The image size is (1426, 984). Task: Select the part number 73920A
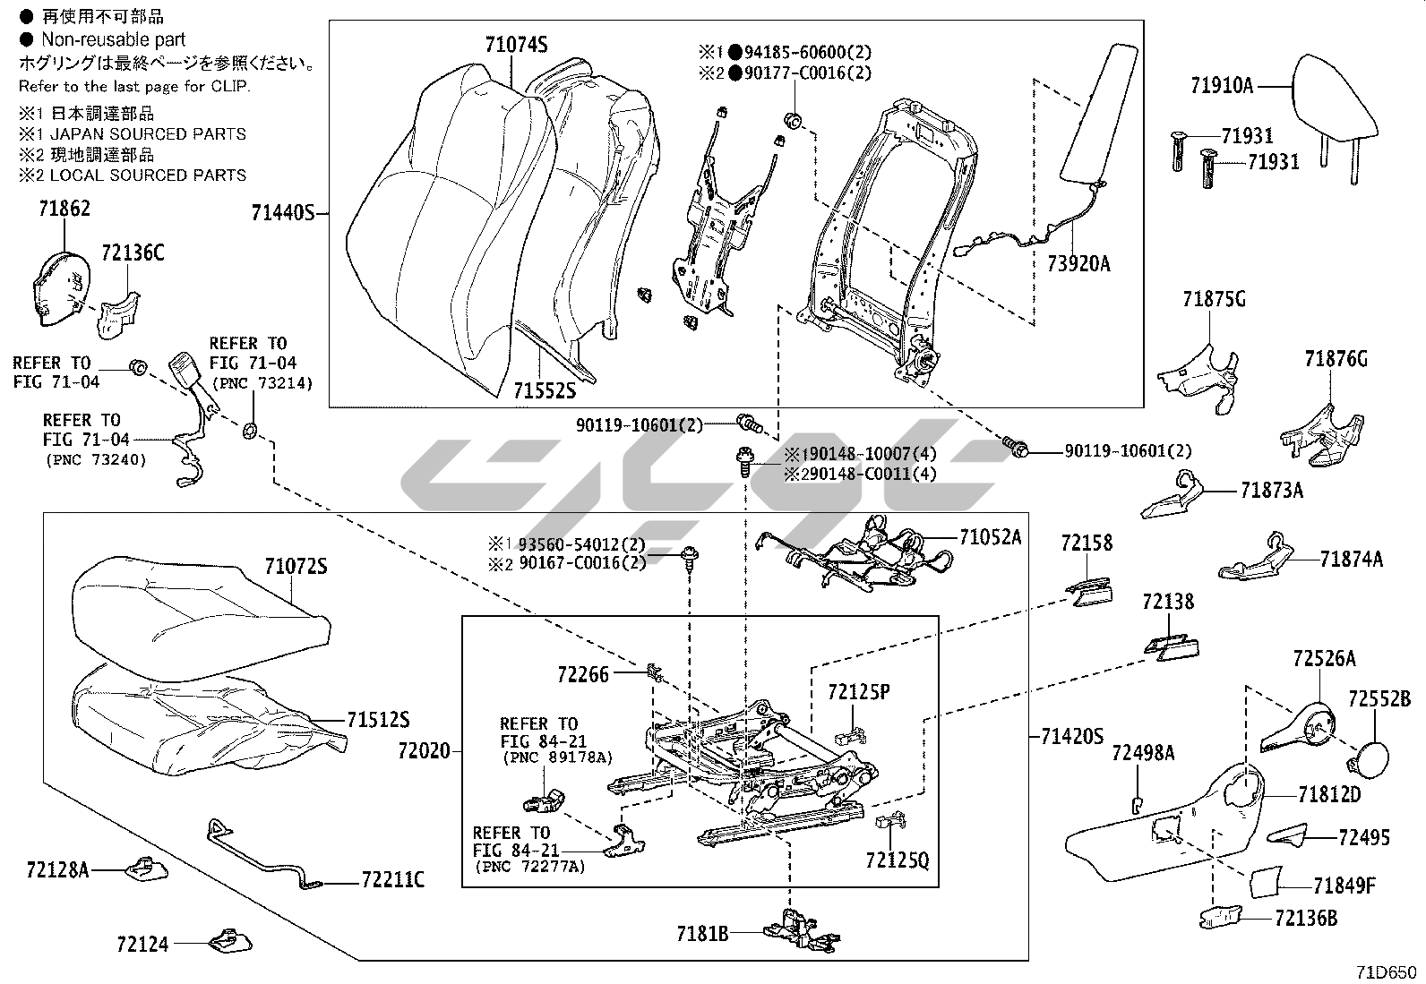pyautogui.click(x=1078, y=263)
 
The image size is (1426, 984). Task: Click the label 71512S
pyautogui.click(x=378, y=720)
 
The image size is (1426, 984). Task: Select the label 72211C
pyautogui.click(x=393, y=880)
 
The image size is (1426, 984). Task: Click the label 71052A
pyautogui.click(x=990, y=537)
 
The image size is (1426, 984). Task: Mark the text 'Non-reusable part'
pyautogui.click(x=113, y=39)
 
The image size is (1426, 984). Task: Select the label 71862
pyautogui.click(x=64, y=209)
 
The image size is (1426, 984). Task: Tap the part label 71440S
pyautogui.click(x=283, y=213)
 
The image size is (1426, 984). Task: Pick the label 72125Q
pyautogui.click(x=898, y=860)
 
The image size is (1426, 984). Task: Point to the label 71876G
pyautogui.click(x=1336, y=359)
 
